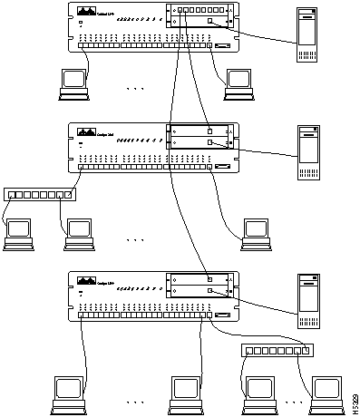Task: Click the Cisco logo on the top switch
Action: click(x=86, y=11)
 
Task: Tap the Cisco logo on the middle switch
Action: click(x=86, y=131)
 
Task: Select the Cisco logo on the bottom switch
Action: click(x=86, y=280)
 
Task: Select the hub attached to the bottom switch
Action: click(x=277, y=350)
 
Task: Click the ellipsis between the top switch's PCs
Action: click(x=136, y=89)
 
